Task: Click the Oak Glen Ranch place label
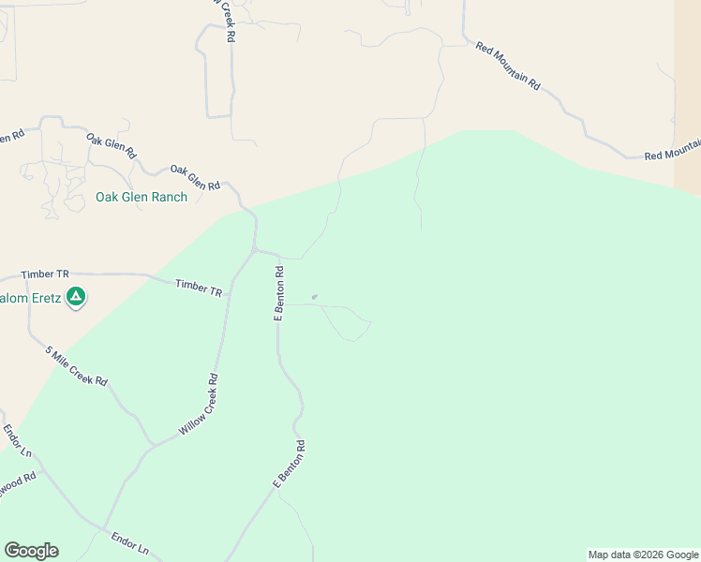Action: click(142, 198)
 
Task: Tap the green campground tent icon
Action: click(77, 298)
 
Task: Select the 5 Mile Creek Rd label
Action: click(77, 366)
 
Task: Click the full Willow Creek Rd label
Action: click(199, 406)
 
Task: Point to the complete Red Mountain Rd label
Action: click(508, 66)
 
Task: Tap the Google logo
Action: click(31, 551)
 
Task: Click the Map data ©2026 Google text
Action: click(643, 555)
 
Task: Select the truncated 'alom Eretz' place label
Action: click(29, 298)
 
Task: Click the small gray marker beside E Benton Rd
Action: click(315, 298)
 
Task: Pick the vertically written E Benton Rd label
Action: click(278, 293)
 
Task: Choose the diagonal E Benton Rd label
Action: click(290, 464)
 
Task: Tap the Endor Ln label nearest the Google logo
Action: click(129, 542)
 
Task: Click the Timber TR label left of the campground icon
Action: click(45, 274)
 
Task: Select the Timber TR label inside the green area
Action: click(199, 288)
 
